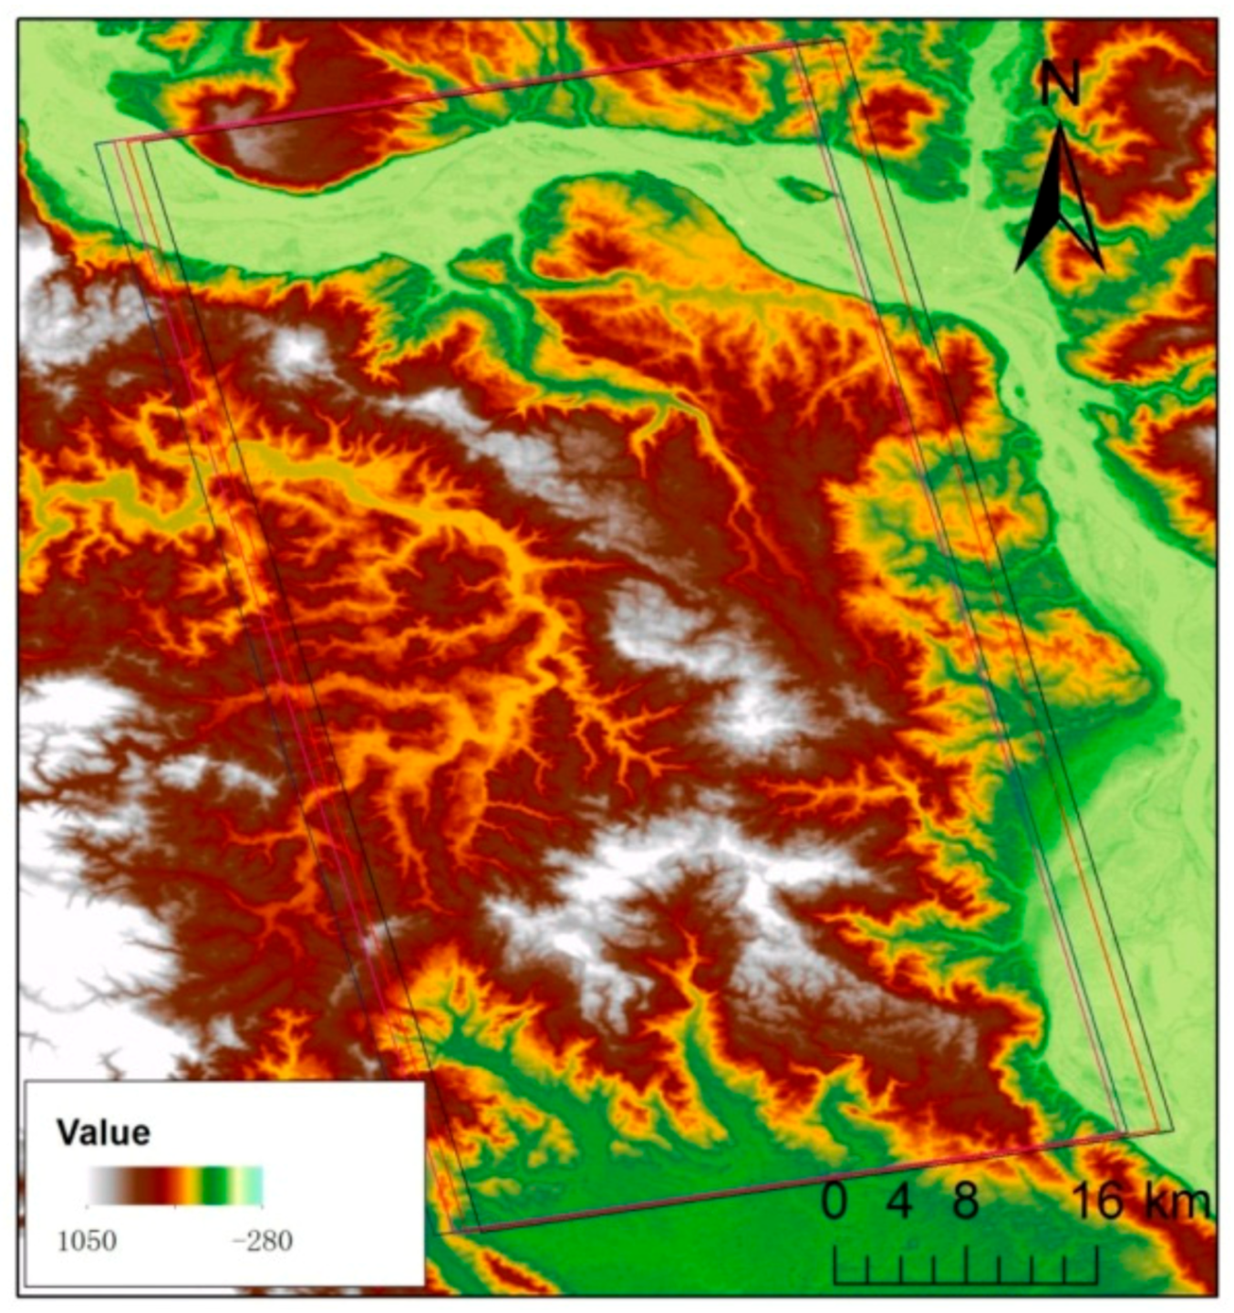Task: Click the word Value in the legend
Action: (103, 1132)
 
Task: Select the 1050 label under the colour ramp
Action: (87, 1241)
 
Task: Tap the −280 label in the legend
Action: (261, 1241)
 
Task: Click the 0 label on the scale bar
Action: (833, 1202)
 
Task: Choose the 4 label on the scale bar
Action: (899, 1202)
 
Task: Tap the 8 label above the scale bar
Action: (966, 1202)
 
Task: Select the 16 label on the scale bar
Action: (1096, 1202)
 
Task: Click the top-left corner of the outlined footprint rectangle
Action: (98, 143)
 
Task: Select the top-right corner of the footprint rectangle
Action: (844, 39)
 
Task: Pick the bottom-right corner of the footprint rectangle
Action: (1173, 1131)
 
